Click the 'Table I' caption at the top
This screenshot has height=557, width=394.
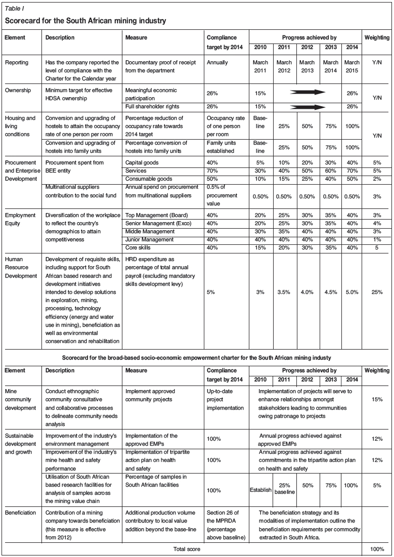pyautogui.click(x=15, y=8)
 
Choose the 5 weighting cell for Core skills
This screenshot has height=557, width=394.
pyautogui.click(x=376, y=247)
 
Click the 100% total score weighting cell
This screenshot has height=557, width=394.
pyautogui.click(x=376, y=548)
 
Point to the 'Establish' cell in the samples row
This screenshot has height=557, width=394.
pyautogui.click(x=261, y=490)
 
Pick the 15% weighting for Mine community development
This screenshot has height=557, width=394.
pyautogui.click(x=376, y=399)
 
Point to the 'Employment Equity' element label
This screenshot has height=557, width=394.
pyautogui.click(x=20, y=219)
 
